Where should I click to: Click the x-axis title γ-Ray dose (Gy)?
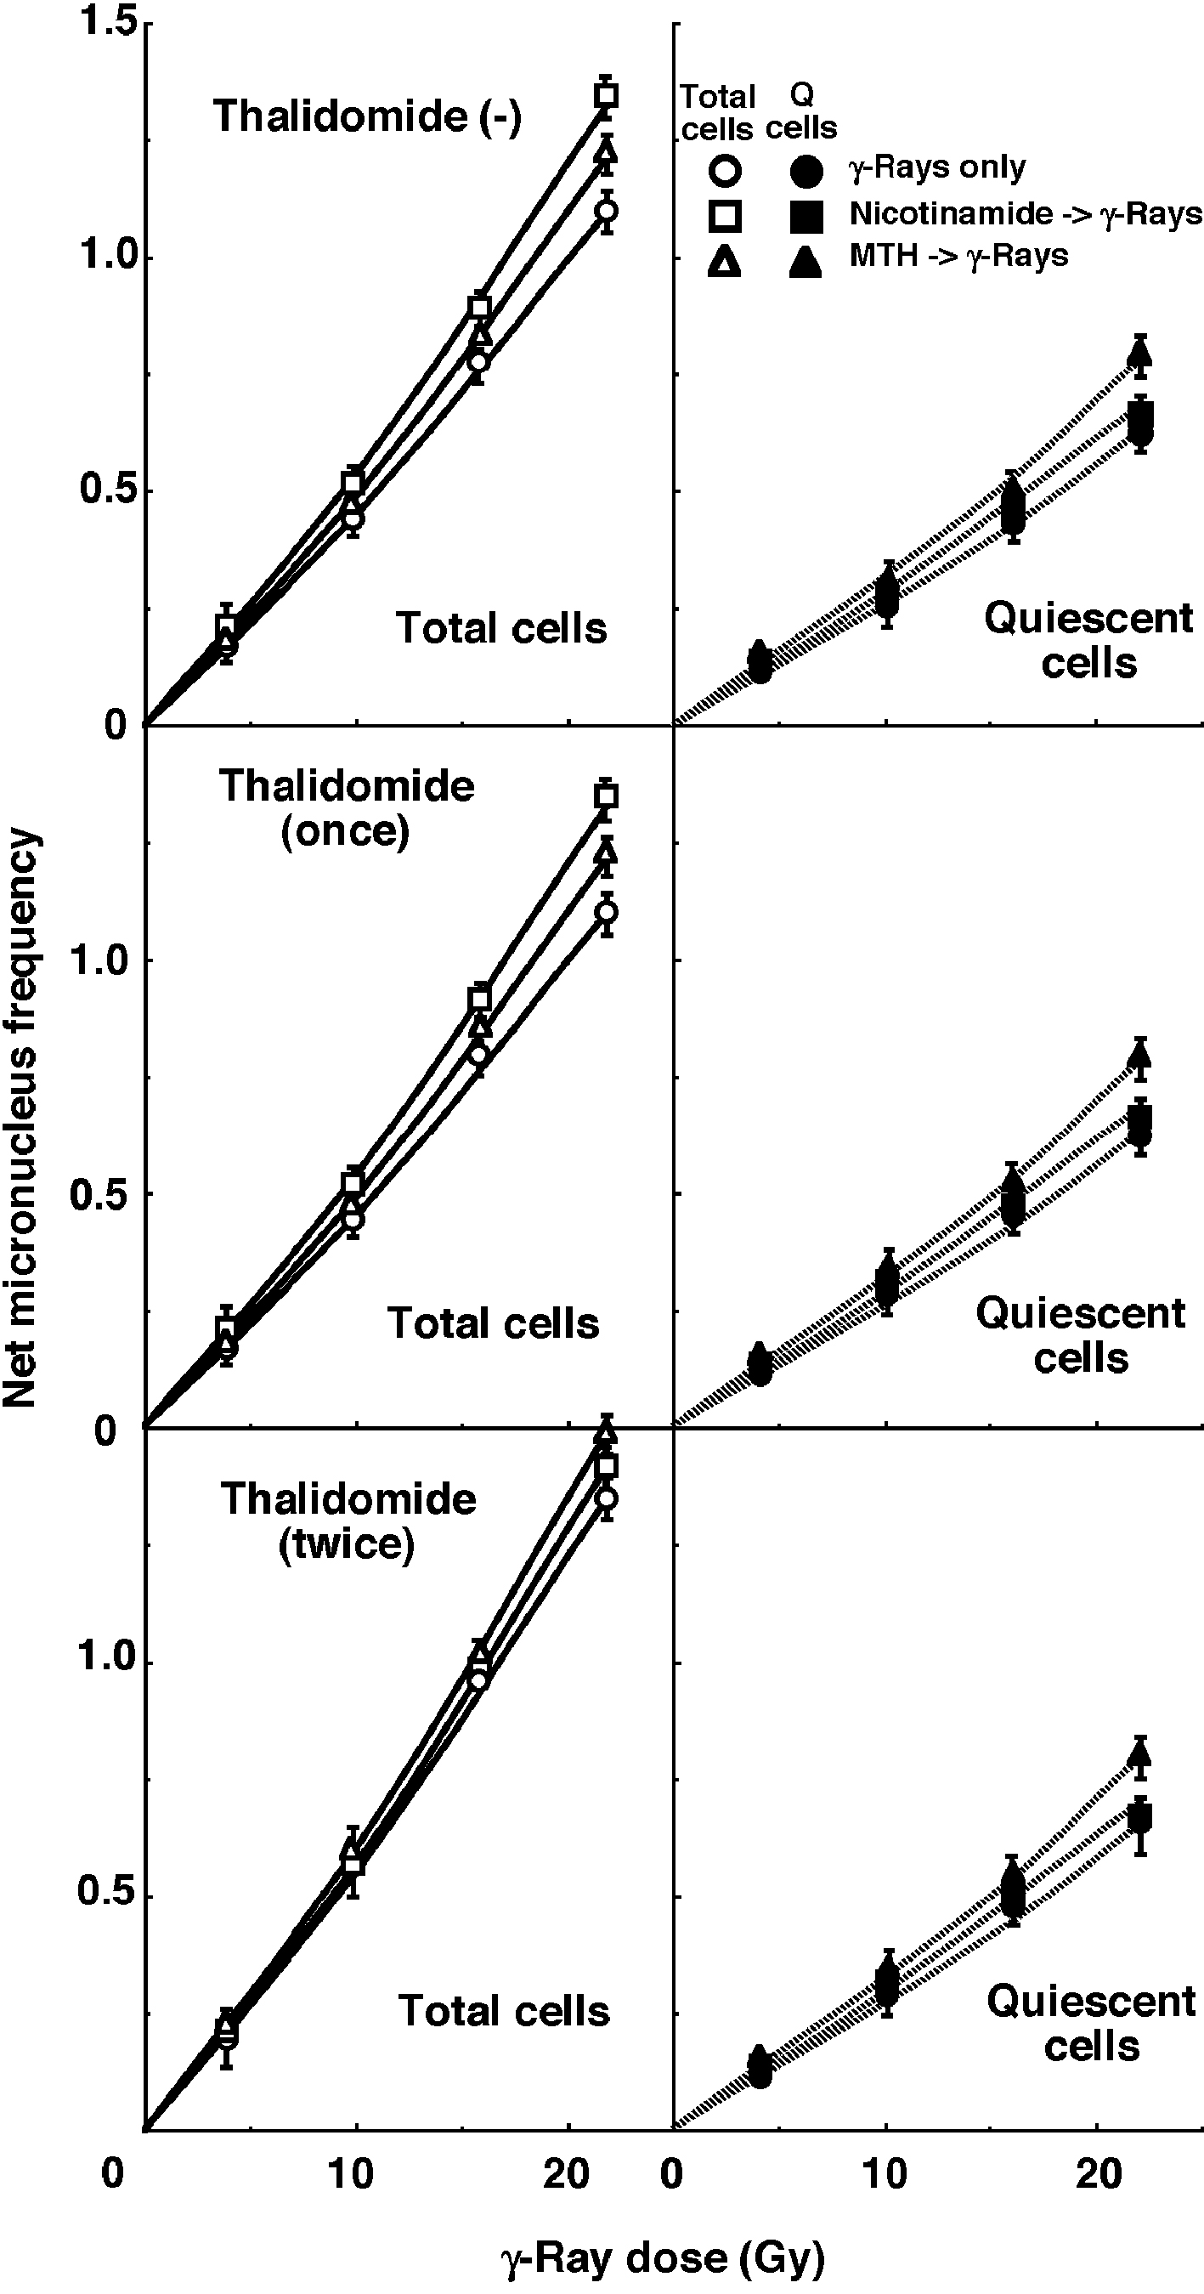point(663,2257)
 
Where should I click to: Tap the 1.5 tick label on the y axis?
point(105,21)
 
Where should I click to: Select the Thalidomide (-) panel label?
point(367,116)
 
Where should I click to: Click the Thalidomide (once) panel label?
point(347,808)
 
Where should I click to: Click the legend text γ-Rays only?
point(937,167)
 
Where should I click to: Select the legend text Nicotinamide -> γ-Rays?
point(1025,213)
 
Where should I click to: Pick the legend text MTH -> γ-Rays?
point(958,257)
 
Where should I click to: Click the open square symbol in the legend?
point(726,215)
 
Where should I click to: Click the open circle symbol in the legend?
point(726,170)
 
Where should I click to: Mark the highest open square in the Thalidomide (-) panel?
point(607,94)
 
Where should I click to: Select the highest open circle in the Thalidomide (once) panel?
point(607,912)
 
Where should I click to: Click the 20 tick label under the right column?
point(1099,2175)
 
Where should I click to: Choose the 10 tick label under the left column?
point(350,2175)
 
